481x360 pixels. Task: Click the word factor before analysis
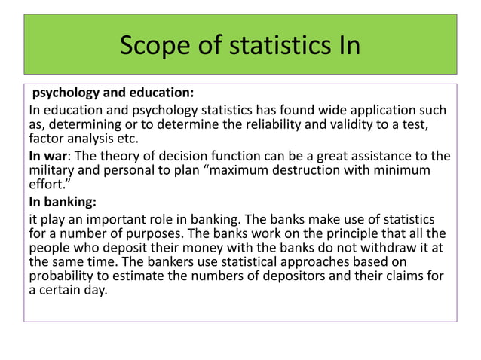pos(47,139)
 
